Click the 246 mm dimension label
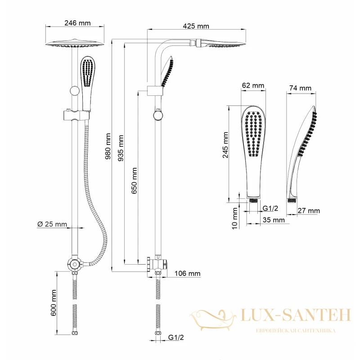77,23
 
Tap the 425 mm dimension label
196,26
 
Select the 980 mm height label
108,146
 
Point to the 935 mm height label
121,148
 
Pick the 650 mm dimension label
134,181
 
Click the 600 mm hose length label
54,302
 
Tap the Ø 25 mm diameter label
52,224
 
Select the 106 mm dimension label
187,274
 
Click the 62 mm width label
253,85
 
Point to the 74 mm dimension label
300,88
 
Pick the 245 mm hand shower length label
225,145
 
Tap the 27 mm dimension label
309,211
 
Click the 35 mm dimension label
274,220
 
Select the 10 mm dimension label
234,219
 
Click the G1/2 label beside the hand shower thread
270,208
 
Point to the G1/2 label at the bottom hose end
176,337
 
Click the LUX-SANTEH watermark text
296,315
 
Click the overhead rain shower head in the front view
75,43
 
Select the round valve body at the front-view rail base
75,265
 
